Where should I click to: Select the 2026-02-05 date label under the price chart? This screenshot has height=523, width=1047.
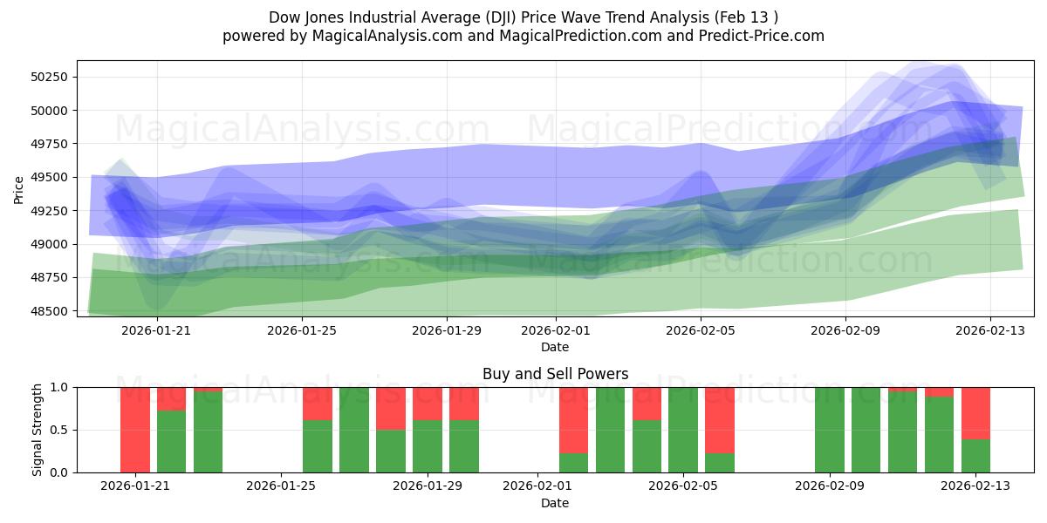click(701, 330)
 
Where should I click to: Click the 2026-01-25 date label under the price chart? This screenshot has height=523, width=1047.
click(301, 330)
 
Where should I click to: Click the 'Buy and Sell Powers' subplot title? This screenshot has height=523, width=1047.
click(555, 374)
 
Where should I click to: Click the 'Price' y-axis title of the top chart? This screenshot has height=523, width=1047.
click(19, 189)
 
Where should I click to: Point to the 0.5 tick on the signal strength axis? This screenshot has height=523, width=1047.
click(61, 430)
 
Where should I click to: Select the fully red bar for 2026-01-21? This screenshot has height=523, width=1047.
click(135, 430)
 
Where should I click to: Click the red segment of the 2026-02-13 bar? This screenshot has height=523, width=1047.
click(975, 412)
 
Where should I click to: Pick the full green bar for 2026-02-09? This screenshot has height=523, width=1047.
click(830, 430)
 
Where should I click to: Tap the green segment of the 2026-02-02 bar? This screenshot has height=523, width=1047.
click(573, 463)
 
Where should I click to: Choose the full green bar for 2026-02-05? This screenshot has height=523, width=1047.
click(683, 430)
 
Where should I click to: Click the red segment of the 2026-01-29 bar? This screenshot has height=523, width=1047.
click(428, 403)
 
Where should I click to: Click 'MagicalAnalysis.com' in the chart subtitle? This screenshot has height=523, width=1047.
click(375, 36)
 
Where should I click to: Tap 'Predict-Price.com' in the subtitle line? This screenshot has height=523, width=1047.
click(764, 36)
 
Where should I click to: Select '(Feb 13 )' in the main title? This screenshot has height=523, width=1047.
click(747, 17)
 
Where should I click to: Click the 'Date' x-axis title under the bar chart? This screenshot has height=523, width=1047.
click(555, 503)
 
